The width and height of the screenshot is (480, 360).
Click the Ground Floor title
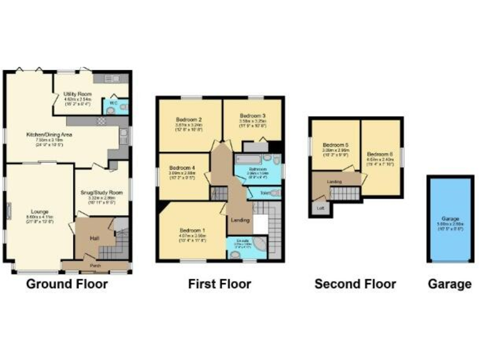67,284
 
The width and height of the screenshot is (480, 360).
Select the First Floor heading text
219,284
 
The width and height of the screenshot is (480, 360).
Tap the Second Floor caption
355,284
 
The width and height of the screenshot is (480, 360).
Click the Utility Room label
77,94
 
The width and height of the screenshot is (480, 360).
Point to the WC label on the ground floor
113,102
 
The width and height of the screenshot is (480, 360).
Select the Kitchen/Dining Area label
49,134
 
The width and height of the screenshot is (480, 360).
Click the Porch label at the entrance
97,265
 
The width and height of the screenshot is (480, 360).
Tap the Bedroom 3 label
253,116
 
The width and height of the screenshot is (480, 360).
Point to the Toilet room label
257,194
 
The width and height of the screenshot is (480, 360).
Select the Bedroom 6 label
379,154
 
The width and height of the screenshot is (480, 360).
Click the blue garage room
449,219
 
